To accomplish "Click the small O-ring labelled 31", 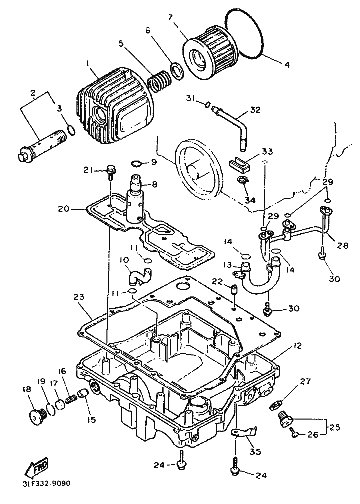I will point(207,104).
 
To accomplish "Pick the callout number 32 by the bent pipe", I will point(255,110).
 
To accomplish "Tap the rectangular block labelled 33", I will point(241,162).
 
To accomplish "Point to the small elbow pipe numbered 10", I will point(137,275).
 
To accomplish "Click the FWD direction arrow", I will point(37,468).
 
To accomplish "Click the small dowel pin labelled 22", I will point(233,289).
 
